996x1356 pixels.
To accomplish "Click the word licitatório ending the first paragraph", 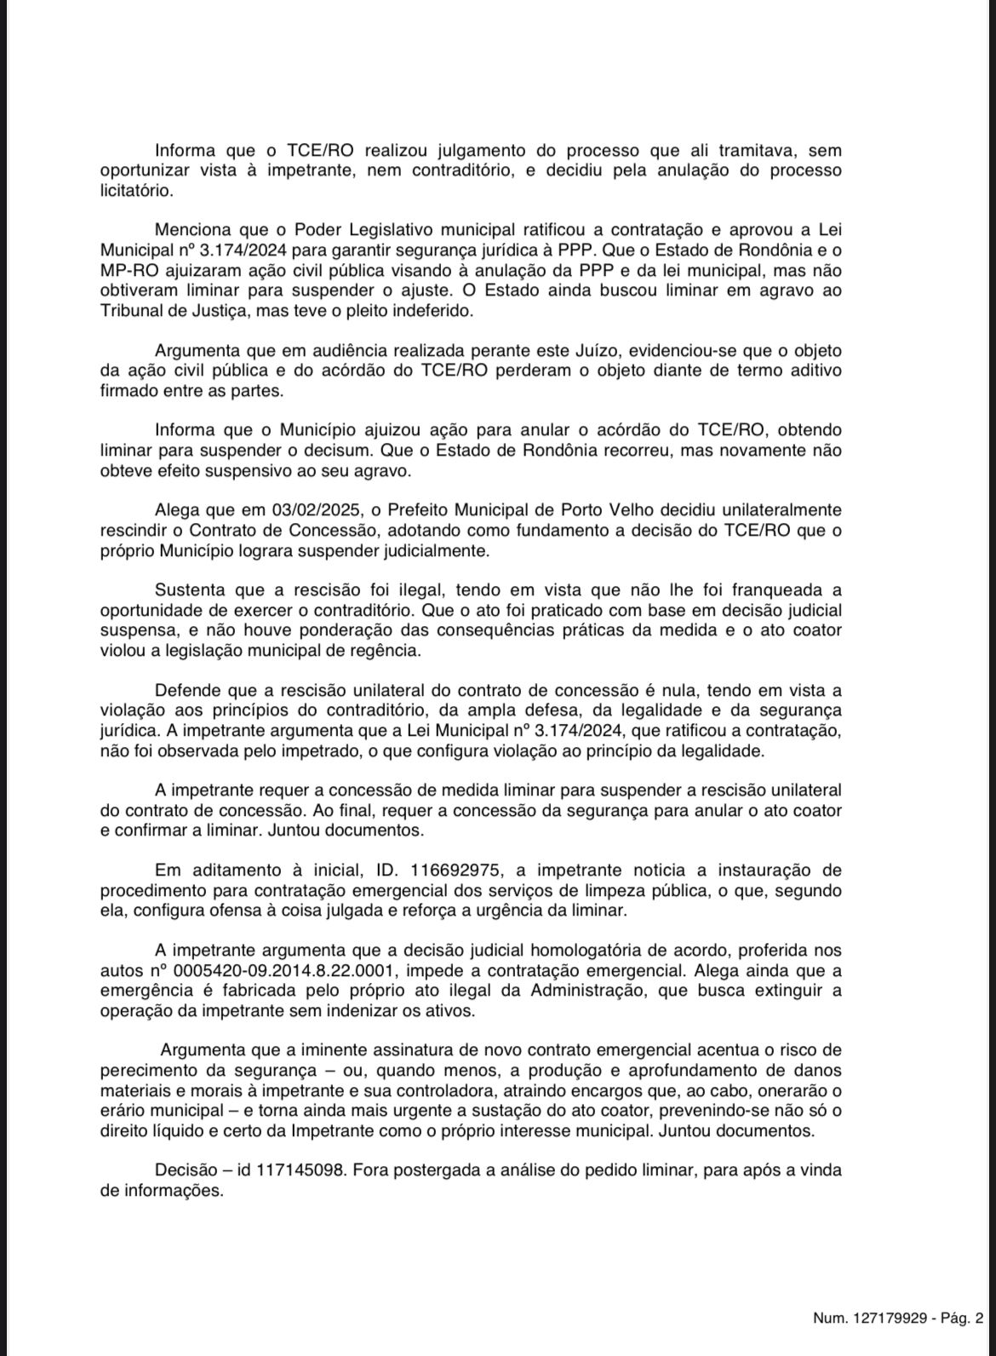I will click(x=135, y=190).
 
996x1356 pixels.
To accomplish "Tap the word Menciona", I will click(x=193, y=230).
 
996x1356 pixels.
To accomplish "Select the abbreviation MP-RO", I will click(x=127, y=271).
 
